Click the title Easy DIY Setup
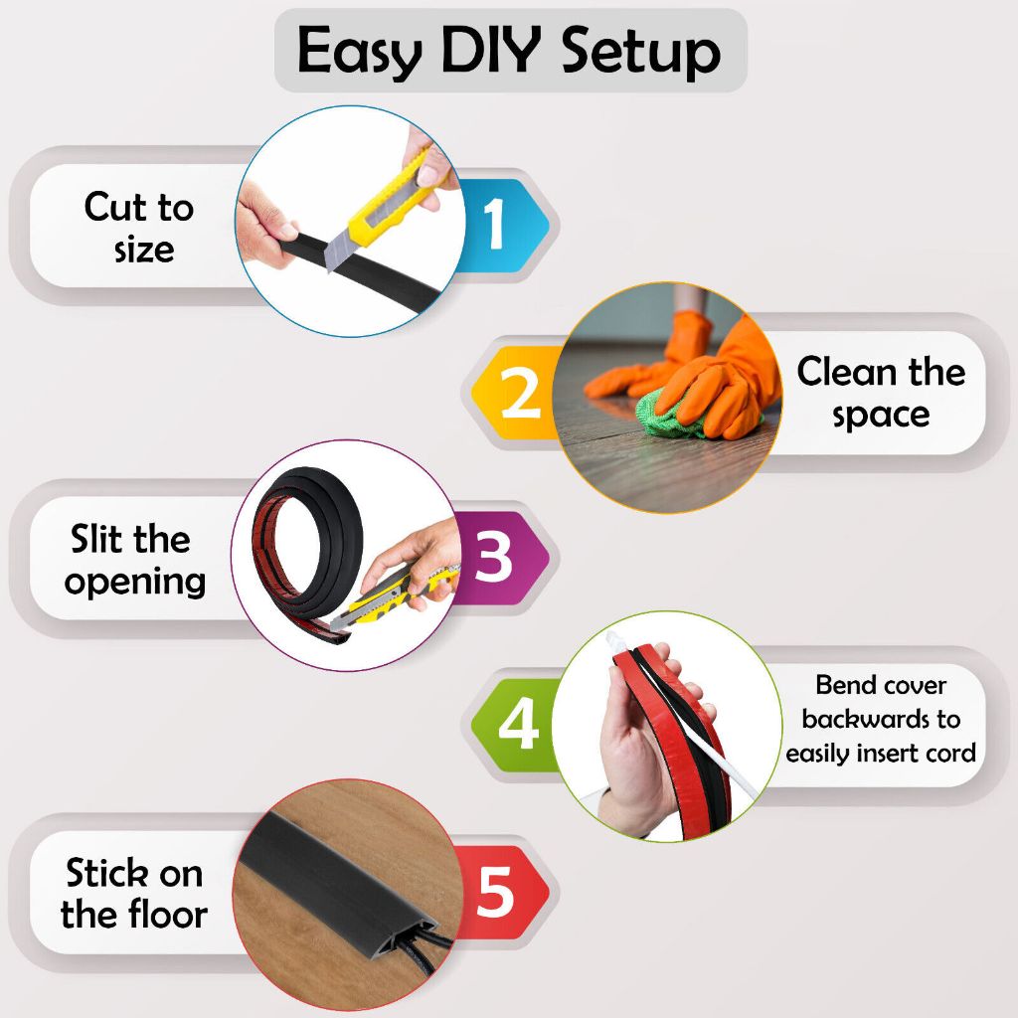click(510, 51)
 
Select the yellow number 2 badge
click(516, 392)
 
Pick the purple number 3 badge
click(501, 558)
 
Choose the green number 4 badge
click(516, 725)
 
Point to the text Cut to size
click(139, 228)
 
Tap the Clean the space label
click(881, 393)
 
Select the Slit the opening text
click(134, 560)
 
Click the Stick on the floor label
click(134, 893)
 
